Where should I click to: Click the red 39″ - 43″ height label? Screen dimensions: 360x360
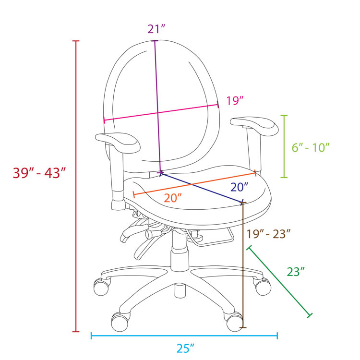[x=39, y=173]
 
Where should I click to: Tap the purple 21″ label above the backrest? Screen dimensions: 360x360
[x=156, y=29]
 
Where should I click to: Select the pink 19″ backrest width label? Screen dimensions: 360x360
[x=235, y=101]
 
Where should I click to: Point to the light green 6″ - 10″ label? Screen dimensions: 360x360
[x=311, y=147]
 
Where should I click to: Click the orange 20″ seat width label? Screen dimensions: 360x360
[x=173, y=198]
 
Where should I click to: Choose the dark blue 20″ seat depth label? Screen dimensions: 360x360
[x=240, y=187]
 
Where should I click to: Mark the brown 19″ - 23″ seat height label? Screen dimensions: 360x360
[x=269, y=234]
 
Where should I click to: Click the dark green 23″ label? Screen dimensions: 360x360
[x=296, y=272]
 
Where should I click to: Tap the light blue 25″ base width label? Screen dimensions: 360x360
[x=185, y=348]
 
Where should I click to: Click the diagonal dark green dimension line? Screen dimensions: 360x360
[x=279, y=282]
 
